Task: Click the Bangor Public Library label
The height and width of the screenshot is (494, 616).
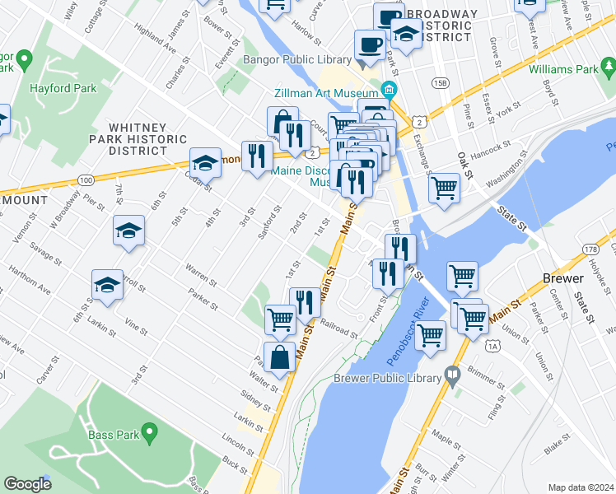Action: (x=297, y=60)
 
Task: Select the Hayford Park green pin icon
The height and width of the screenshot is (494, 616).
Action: (x=24, y=60)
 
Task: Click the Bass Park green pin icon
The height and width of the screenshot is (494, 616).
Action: (x=149, y=431)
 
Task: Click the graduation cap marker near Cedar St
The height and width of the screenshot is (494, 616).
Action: (x=205, y=162)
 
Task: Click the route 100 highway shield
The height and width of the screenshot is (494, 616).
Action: (x=86, y=179)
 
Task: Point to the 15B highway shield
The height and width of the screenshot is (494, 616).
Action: (x=441, y=83)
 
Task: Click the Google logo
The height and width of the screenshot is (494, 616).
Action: (x=27, y=484)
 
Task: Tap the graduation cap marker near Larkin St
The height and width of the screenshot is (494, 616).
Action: (x=108, y=285)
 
